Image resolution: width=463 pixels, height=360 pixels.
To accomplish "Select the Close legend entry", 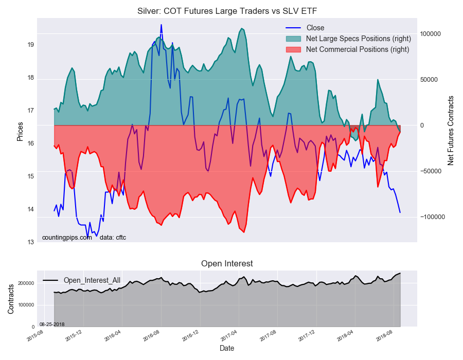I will point(315,28).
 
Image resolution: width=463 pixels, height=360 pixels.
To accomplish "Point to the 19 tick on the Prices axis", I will point(30,45).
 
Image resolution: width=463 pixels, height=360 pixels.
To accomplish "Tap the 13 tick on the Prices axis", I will point(30,242).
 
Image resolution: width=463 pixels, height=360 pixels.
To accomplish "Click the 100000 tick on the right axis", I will point(431,34).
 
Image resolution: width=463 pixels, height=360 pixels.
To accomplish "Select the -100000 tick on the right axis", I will point(432,217).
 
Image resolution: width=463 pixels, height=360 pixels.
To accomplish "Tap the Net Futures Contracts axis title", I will point(451,130).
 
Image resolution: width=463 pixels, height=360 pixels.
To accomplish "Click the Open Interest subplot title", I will point(227,264).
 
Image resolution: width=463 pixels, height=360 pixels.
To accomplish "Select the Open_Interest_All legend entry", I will point(92,280).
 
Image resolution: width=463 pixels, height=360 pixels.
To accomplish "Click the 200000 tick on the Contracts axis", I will point(26,283).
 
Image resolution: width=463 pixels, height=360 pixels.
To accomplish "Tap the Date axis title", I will point(227,348).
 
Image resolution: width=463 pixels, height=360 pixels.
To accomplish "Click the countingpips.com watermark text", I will point(67,237).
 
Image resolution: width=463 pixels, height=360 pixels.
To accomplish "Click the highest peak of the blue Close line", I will point(161,25).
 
